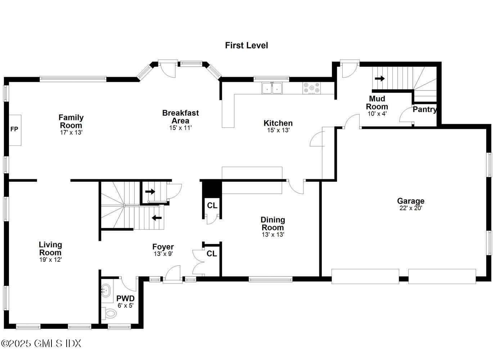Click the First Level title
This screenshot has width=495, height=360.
tap(246, 45)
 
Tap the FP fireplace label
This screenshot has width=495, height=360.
tap(14, 129)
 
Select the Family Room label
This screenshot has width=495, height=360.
tap(71, 121)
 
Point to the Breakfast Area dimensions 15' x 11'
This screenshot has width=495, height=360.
tap(180, 128)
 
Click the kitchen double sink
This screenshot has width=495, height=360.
tap(272, 88)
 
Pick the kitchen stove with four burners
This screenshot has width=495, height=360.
tap(312, 88)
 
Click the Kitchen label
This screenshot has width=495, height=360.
tap(278, 123)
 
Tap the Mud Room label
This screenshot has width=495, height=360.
tap(377, 103)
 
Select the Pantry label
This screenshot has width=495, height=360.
tap(424, 109)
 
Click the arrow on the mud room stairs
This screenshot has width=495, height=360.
tap(379, 78)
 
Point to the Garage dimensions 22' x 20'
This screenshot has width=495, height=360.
tap(410, 208)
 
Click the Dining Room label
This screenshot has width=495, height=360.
tap(273, 224)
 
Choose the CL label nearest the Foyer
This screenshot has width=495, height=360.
tap(212, 254)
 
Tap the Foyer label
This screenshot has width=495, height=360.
tap(163, 247)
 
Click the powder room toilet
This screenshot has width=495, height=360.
tap(109, 314)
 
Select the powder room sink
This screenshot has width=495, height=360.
tap(106, 289)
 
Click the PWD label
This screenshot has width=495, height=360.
tap(125, 298)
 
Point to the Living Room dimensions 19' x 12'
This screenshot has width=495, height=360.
tap(50, 260)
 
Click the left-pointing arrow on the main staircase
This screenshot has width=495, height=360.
tap(157, 218)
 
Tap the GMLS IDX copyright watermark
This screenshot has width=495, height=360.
tap(41, 343)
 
